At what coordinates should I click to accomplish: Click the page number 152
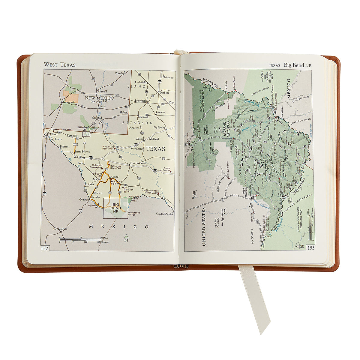click(45, 248)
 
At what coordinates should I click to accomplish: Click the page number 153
click(311, 248)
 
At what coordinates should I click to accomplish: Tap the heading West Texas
click(60, 64)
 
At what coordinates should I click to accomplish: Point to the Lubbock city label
click(164, 93)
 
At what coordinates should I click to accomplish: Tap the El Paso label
click(53, 134)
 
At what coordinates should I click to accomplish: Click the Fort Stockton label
click(138, 163)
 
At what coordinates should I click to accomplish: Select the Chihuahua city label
click(60, 229)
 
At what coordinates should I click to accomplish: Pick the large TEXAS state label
click(155, 149)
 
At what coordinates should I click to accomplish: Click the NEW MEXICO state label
click(99, 98)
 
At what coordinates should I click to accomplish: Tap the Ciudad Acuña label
click(165, 214)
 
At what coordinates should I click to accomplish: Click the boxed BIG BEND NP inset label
click(116, 208)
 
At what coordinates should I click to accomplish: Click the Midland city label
click(154, 139)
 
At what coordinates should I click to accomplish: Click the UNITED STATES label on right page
click(204, 226)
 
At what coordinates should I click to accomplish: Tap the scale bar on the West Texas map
click(79, 239)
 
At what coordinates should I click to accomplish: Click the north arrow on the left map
click(126, 238)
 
